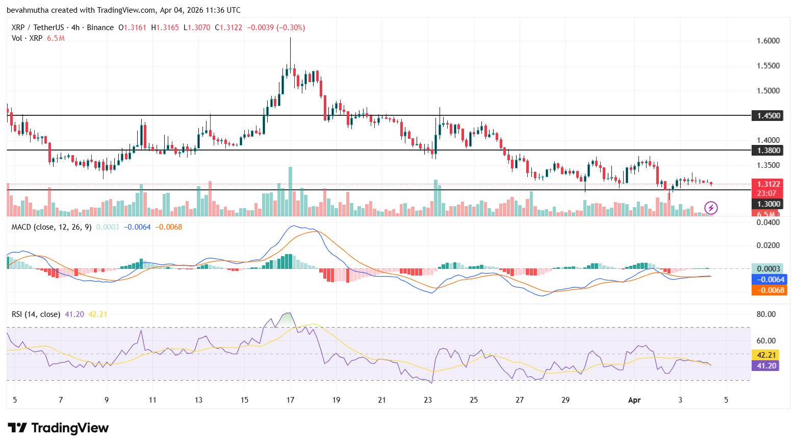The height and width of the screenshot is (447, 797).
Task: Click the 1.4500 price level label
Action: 767,116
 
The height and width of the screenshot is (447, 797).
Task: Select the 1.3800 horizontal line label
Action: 767,151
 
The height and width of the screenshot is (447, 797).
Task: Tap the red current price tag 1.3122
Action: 767,184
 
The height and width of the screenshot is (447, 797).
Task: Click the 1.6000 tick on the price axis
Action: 768,41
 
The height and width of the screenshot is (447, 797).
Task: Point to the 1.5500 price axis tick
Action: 768,66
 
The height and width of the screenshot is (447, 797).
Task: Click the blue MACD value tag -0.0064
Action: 769,280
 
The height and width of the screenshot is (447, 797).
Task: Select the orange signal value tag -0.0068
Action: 769,290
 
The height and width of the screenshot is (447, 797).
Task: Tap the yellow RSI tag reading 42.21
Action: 766,355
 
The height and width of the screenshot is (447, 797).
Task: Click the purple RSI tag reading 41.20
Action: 766,366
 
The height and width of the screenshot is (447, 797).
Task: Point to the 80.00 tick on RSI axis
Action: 766,314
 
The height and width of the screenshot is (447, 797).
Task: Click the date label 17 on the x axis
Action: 290,400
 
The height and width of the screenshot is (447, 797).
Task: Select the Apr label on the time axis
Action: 634,400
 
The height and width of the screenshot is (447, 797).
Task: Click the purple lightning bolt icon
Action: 711,208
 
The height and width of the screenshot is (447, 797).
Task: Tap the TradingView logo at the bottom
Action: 58,428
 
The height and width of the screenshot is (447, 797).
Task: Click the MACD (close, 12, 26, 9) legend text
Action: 51,227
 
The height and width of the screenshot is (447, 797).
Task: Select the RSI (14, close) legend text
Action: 36,314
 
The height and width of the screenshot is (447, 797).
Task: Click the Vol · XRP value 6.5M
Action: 56,38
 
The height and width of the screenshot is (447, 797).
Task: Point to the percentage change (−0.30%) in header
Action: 291,28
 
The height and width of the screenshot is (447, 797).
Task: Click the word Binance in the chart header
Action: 100,28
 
